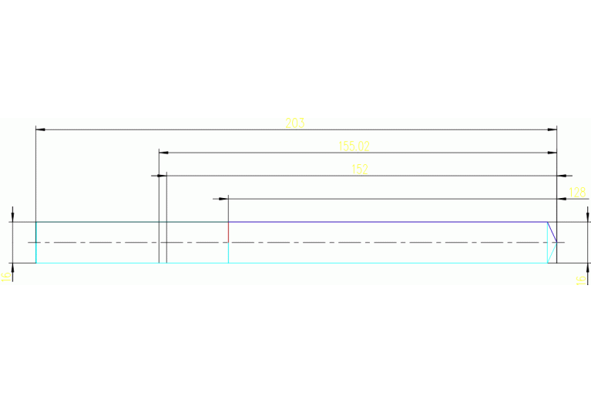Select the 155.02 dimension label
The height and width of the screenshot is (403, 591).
click(354, 146)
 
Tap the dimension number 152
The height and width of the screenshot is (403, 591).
click(359, 169)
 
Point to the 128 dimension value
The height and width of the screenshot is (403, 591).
click(577, 192)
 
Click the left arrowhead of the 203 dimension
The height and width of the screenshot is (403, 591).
click(41, 129)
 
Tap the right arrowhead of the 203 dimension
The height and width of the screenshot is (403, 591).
click(552, 129)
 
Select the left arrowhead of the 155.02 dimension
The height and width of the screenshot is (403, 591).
click(163, 153)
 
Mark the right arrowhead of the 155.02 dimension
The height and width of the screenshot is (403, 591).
click(552, 153)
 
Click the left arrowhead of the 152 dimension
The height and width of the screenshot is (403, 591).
click(162, 176)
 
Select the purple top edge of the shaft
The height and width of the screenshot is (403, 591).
click(385, 222)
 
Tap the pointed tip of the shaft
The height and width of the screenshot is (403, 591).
click(557, 243)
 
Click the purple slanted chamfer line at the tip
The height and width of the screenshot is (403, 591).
click(552, 231)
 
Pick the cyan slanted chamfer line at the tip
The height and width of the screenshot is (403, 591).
click(552, 254)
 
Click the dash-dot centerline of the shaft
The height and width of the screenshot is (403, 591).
click(308, 243)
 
